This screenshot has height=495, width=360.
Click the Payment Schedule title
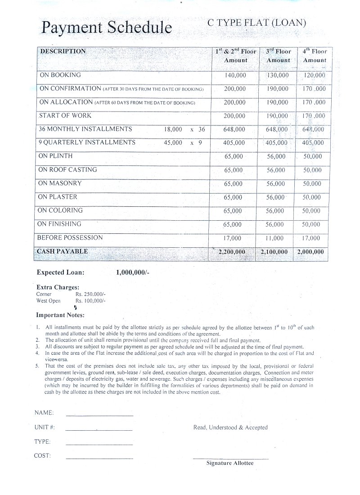[x=106, y=28]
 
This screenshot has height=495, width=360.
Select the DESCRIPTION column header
[x=63, y=51]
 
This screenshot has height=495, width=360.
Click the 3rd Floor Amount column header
[x=278, y=56]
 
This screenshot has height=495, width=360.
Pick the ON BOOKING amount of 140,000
[x=235, y=76]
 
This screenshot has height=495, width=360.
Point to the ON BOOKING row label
[x=60, y=75]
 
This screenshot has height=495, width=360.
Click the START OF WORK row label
[x=65, y=116]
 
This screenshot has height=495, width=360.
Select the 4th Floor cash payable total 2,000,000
[x=310, y=252]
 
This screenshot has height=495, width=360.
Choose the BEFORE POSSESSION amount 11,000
[x=274, y=238]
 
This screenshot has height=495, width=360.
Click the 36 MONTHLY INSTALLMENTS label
[x=85, y=129]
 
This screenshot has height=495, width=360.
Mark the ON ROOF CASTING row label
[x=67, y=169]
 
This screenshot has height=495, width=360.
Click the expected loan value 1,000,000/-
[x=132, y=272]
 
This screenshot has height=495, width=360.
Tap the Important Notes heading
[x=60, y=315]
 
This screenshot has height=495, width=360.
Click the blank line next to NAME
[x=99, y=415]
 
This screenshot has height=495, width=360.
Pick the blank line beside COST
[x=99, y=458]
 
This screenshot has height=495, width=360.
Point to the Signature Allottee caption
[x=229, y=463]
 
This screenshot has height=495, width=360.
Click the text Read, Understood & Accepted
[x=230, y=428]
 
